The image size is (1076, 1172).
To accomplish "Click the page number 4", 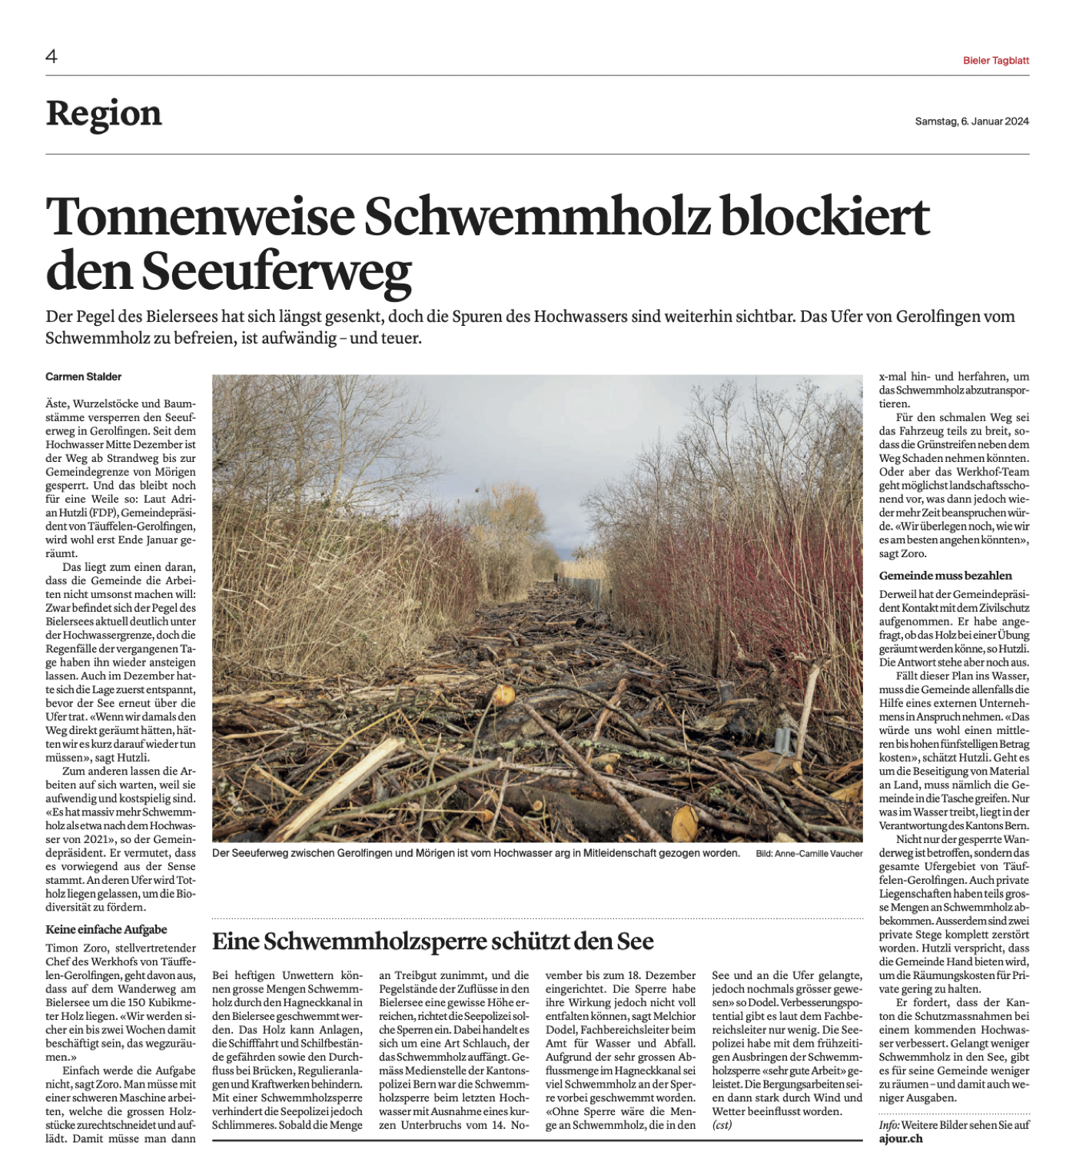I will pyautogui.click(x=51, y=56).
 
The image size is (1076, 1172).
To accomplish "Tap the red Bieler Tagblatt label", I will pyautogui.click(x=995, y=61).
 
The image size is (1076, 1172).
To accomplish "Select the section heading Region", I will pyautogui.click(x=104, y=114).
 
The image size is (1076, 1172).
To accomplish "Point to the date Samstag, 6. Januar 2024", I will pyautogui.click(x=971, y=121).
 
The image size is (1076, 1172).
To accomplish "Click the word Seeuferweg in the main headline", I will pyautogui.click(x=277, y=271).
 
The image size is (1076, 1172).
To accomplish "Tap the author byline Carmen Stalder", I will pyautogui.click(x=84, y=377).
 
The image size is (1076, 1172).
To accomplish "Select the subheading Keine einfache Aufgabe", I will pyautogui.click(x=106, y=929).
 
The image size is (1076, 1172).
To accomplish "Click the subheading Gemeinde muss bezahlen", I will pyautogui.click(x=945, y=576).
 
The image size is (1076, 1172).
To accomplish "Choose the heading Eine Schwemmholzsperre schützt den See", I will pyautogui.click(x=433, y=941).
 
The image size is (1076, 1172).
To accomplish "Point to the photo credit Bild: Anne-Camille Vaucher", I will pyautogui.click(x=809, y=854).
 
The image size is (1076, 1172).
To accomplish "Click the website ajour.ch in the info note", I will pyautogui.click(x=901, y=1139).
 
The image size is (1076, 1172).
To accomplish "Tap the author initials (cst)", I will pyautogui.click(x=722, y=1125).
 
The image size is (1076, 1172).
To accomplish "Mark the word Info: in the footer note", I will pyautogui.click(x=888, y=1125).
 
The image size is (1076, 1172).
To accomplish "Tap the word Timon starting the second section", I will pyautogui.click(x=62, y=948).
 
